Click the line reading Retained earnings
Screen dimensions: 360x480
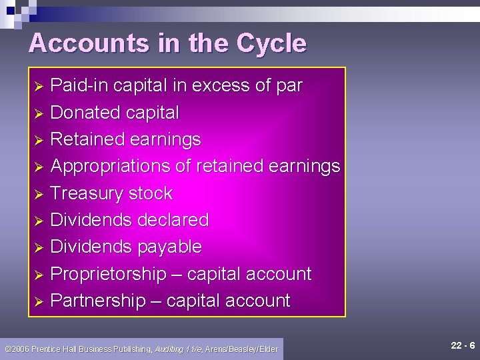pos(125,139)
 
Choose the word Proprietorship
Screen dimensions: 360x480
pos(109,274)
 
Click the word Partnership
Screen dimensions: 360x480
pos(98,301)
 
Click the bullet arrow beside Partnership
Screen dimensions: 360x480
pos(39,302)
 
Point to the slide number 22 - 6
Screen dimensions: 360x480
pos(462,345)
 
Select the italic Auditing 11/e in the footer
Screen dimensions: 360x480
pos(179,349)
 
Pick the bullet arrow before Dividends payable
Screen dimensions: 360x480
pos(39,248)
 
